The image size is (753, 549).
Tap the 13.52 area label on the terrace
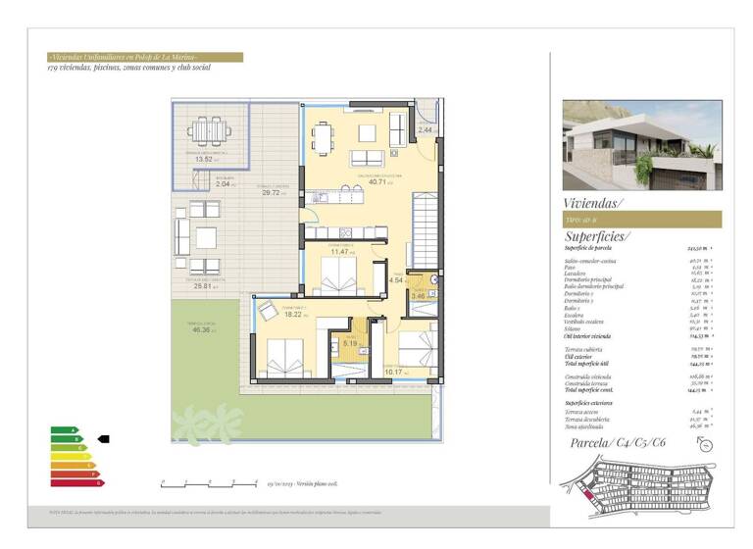pyautogui.click(x=204, y=159)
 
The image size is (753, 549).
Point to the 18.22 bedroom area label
pyautogui.click(x=293, y=315)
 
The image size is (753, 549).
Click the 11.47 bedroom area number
pyautogui.click(x=339, y=252)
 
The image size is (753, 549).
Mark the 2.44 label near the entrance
pyautogui.click(x=425, y=128)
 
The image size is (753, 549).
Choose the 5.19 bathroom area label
pyautogui.click(x=349, y=343)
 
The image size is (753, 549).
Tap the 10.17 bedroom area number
pyautogui.click(x=393, y=372)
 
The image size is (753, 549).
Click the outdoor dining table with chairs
pyautogui.click(x=206, y=130)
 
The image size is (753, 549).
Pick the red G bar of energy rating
pyautogui.click(x=77, y=483)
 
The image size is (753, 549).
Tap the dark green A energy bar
pyautogui.click(x=63, y=429)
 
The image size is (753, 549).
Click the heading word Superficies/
pyautogui.click(x=598, y=236)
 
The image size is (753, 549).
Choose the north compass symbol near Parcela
pyautogui.click(x=708, y=444)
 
